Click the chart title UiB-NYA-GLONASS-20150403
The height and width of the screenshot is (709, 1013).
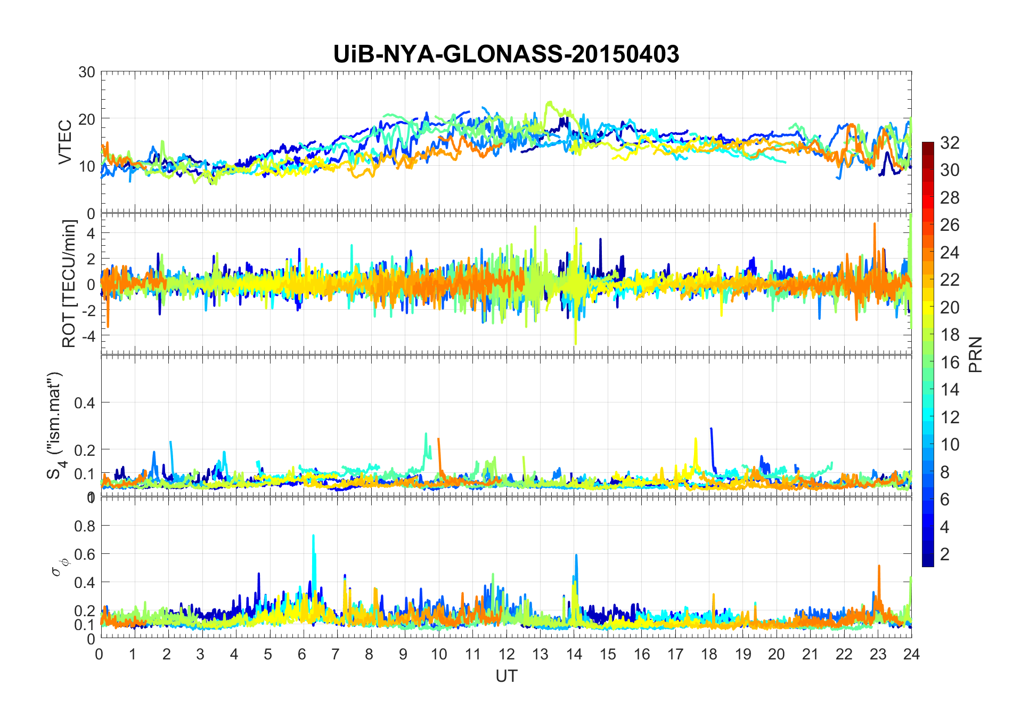506,54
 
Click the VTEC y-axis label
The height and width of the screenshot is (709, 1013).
65,142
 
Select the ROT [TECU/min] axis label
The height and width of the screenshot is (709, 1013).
69,284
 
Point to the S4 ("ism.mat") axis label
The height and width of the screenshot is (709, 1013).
55,425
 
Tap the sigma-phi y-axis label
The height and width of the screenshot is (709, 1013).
56,566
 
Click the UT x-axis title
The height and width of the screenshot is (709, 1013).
506,676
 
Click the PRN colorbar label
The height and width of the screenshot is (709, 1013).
975,354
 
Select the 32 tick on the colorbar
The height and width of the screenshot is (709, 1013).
950,142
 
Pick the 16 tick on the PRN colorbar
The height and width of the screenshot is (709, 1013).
950,362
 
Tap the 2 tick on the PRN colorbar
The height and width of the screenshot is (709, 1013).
945,554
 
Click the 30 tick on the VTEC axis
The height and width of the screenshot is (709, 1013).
86,72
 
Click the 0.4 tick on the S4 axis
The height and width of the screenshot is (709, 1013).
84,402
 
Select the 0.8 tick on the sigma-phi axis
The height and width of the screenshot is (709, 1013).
84,526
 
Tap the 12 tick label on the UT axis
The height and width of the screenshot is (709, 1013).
506,654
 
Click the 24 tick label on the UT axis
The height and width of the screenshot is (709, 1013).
911,654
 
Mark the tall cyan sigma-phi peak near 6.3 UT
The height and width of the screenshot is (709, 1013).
313,536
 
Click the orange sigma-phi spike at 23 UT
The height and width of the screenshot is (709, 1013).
879,567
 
